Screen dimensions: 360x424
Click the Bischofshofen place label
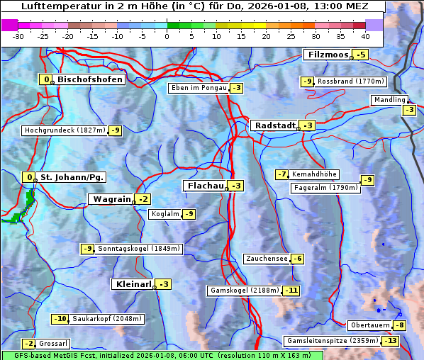coord(90,79)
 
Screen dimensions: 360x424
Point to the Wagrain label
coord(111,199)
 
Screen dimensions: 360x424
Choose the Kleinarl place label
coord(132,284)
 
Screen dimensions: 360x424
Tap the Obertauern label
coord(370,325)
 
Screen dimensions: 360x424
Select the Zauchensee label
coord(267,259)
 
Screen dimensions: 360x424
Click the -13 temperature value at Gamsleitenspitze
coord(391,341)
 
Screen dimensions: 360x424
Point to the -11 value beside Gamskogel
coord(291,291)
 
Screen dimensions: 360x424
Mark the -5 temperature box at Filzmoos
coord(362,55)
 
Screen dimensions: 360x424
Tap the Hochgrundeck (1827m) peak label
coord(64,130)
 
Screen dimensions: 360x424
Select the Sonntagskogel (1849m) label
coord(139,249)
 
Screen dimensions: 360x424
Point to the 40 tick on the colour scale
coord(365,35)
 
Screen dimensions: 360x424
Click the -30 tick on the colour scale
coord(18,35)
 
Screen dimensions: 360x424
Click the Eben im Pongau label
coord(198,88)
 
